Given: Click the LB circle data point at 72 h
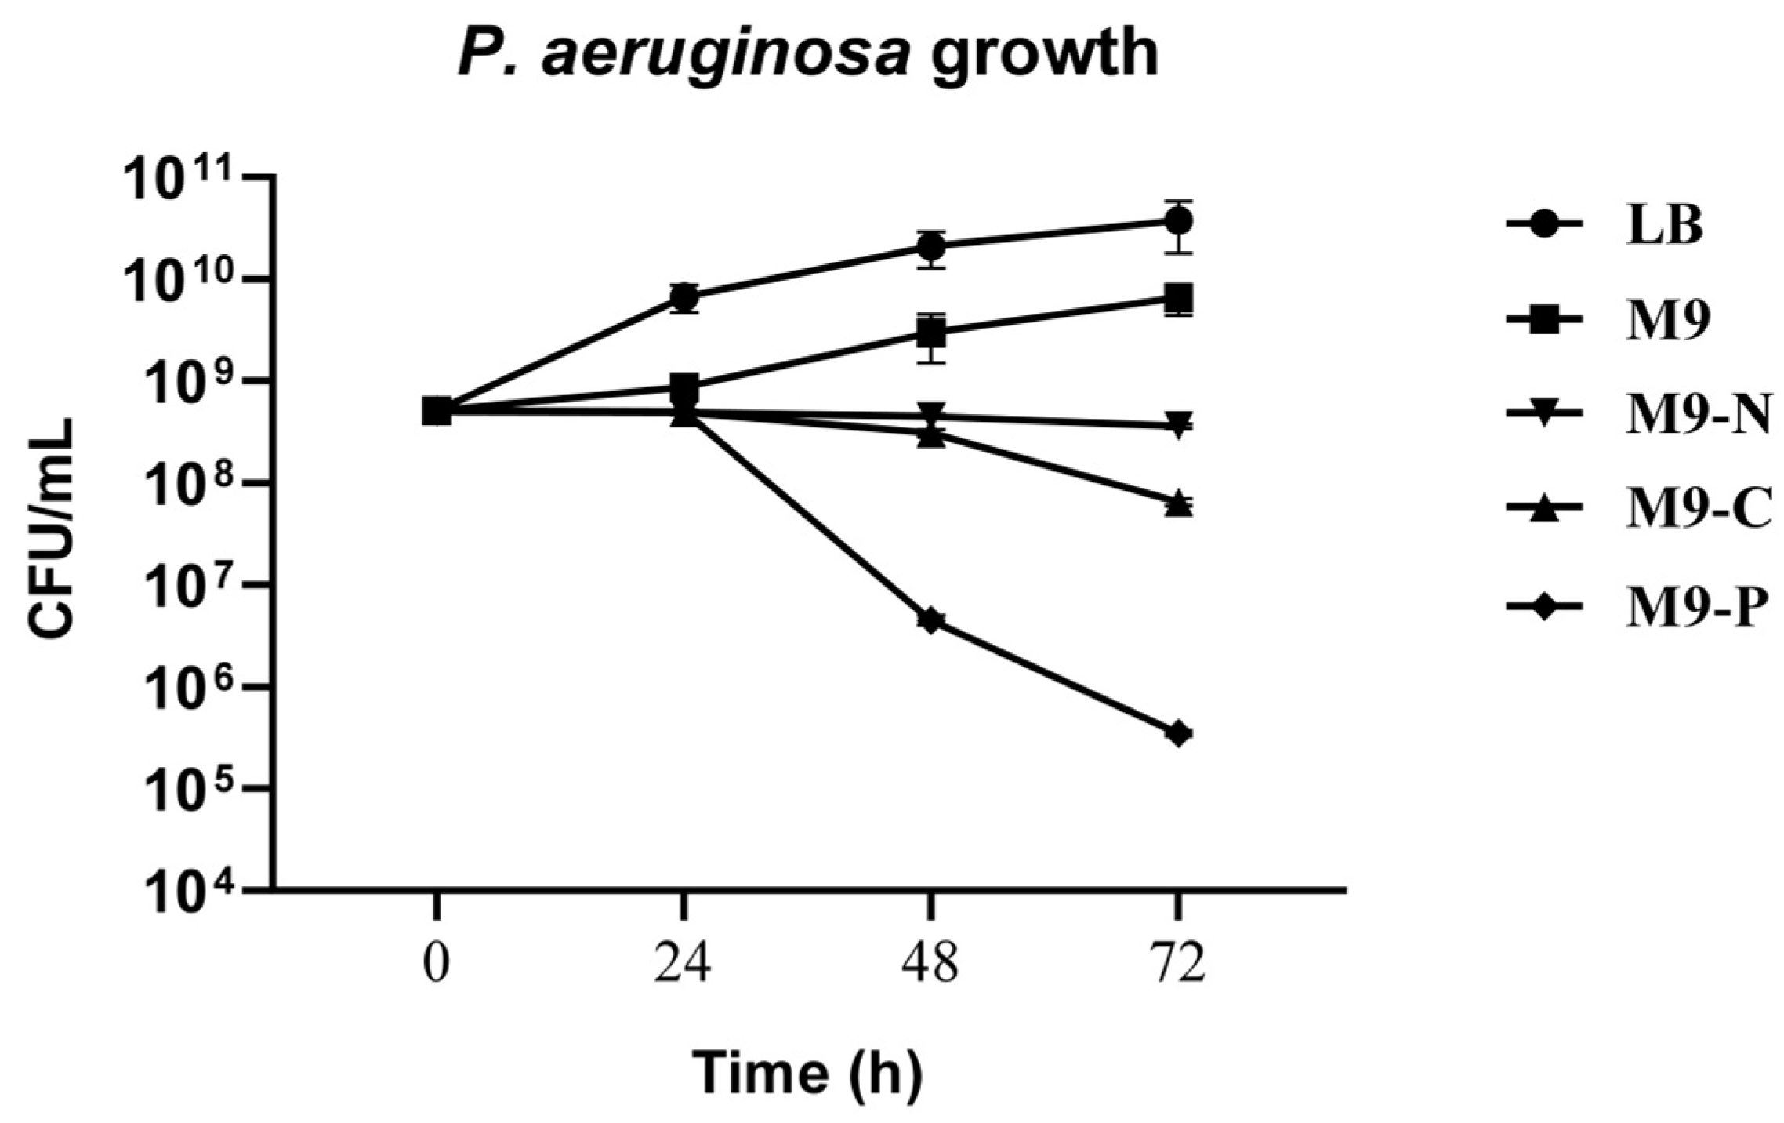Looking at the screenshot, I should [1177, 221].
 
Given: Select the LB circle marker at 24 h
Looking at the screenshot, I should [684, 296].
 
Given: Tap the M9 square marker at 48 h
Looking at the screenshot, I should [931, 333].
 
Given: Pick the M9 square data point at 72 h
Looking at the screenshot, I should [1177, 298].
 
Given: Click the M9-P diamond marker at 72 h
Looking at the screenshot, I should [1177, 734].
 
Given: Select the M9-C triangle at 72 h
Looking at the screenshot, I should [1177, 504].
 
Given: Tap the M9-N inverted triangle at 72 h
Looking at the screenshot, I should [1177, 423].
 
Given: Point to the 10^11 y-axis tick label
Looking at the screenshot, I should [192, 182].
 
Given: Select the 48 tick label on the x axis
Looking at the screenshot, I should [931, 965].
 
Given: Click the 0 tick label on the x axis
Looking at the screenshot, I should [437, 965].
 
